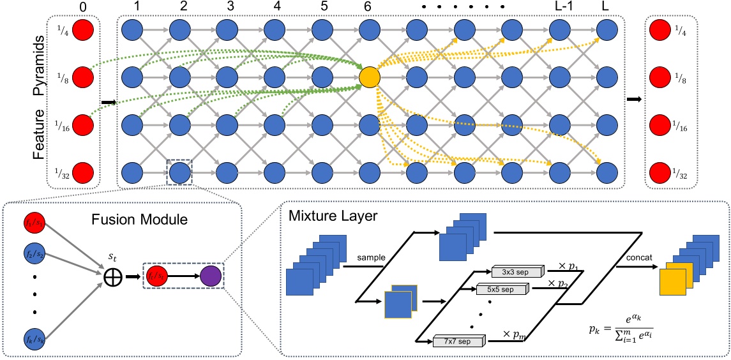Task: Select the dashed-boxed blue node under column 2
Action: tap(180, 172)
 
